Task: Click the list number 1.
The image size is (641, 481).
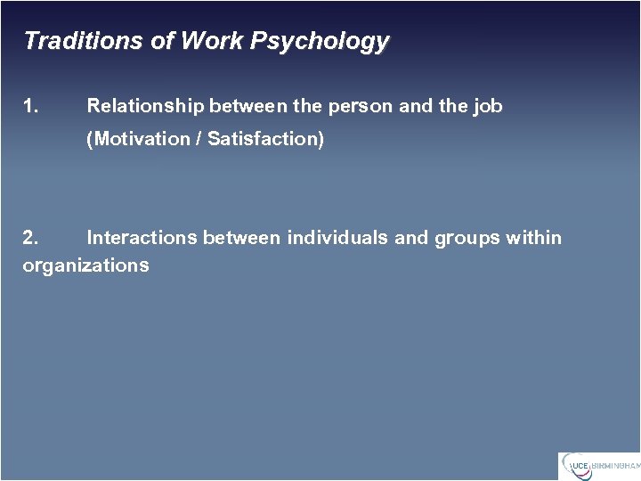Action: pos(30,106)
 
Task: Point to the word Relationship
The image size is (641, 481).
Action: pos(145,106)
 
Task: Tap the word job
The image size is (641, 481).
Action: pos(488,107)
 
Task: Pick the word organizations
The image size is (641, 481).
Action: pos(86,265)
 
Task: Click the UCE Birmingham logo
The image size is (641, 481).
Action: pos(598,466)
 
